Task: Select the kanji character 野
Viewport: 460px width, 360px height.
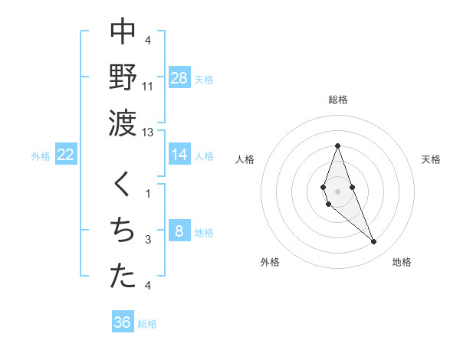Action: tap(123, 76)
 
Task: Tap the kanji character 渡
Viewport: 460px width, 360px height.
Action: tap(123, 122)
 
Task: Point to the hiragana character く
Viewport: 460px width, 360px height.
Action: tap(123, 185)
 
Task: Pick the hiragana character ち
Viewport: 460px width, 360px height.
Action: tap(123, 231)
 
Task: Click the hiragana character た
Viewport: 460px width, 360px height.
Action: tap(123, 277)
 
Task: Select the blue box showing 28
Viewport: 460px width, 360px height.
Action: tap(179, 77)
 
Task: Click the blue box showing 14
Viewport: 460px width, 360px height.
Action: tap(179, 155)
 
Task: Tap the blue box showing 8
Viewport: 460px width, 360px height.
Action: tap(179, 231)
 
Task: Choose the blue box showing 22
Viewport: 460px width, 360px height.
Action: tap(65, 155)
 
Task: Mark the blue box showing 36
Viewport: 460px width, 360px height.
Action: tap(123, 322)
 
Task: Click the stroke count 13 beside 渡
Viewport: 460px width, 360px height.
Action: tap(148, 133)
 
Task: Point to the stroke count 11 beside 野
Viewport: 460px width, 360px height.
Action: tap(148, 87)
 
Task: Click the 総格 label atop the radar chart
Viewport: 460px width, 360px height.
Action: tap(337, 100)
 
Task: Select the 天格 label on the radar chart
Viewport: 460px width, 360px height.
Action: tap(431, 159)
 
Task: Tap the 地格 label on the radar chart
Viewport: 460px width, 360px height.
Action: tap(402, 262)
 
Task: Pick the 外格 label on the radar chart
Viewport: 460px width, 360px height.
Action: tap(270, 262)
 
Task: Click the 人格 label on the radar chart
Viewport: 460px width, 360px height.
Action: tap(245, 159)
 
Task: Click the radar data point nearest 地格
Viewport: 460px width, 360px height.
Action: tap(374, 242)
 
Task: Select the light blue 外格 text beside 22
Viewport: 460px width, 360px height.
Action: tap(41, 155)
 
